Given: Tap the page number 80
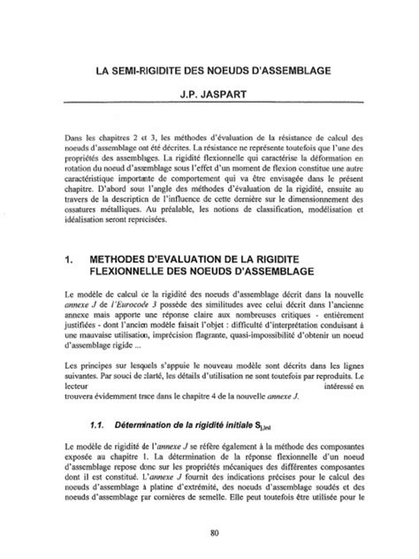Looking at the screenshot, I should click(209, 531).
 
